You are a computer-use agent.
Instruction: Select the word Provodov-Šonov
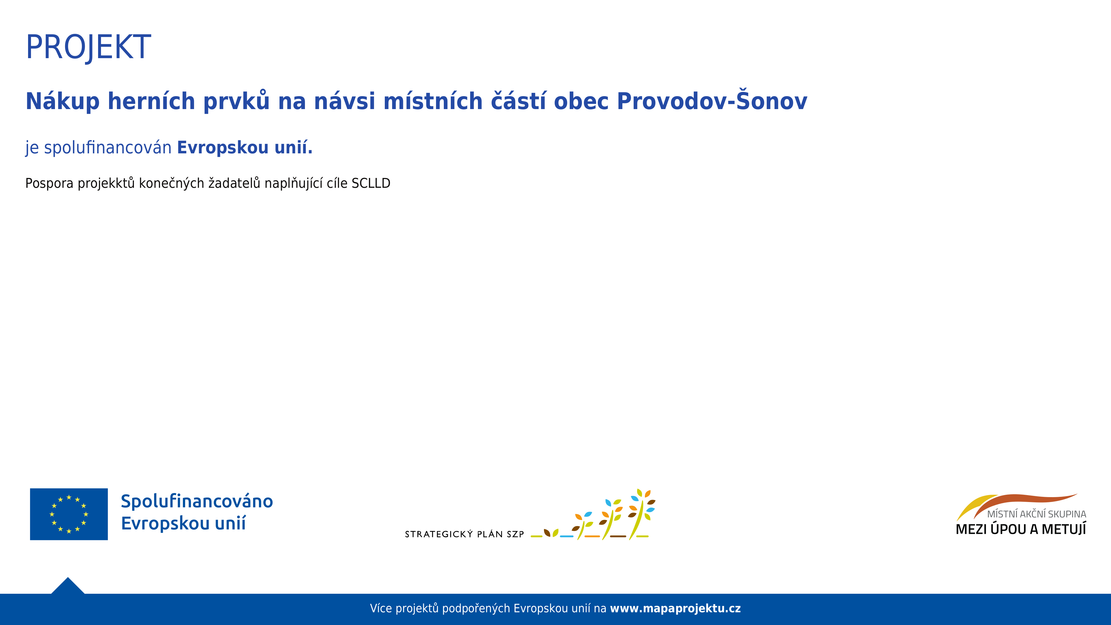point(712,100)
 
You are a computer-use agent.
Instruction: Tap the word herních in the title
point(151,101)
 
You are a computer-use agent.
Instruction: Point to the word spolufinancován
point(108,148)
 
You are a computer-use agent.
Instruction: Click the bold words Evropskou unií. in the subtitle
point(244,148)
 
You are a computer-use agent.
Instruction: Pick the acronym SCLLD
point(371,183)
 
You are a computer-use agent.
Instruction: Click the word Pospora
point(49,184)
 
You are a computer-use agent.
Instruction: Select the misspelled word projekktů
point(106,184)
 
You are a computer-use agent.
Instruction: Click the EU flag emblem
point(69,514)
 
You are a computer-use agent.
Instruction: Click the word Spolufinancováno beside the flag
point(197,501)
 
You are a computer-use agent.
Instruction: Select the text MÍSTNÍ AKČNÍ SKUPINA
point(1036,514)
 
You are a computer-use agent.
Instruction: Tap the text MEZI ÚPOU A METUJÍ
point(1021,529)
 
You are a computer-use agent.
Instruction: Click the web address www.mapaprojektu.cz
point(675,609)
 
